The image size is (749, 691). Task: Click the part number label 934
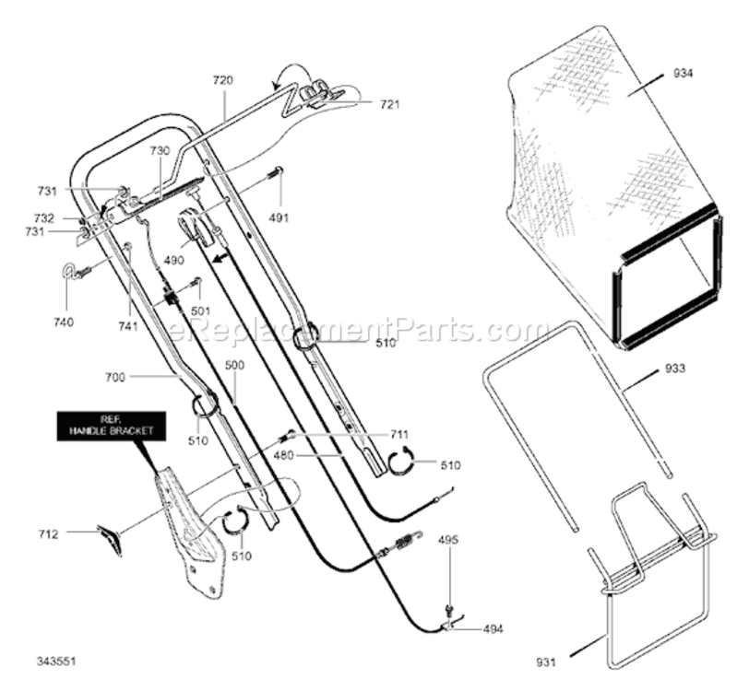point(683,74)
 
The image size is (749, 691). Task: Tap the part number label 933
point(675,369)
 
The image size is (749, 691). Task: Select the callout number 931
point(545,662)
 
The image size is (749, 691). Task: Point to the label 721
point(389,104)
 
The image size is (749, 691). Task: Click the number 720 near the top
point(223,80)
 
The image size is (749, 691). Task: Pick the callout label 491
point(279,217)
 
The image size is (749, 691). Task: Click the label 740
point(64,322)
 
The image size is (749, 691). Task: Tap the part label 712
point(48,534)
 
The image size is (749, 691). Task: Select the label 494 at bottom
point(493,629)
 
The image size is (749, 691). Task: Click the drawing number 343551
point(56,662)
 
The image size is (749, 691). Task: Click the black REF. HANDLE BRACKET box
point(112,426)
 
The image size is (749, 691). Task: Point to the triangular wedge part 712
point(111,539)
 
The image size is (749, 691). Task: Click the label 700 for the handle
point(114,377)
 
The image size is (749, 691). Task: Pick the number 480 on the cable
point(283,455)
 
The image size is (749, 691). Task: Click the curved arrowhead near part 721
point(275,87)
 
